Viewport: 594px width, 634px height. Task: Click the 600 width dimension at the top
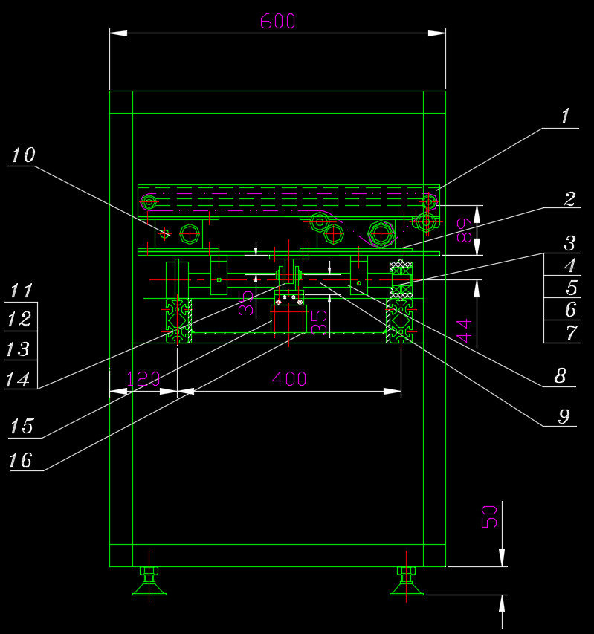[x=277, y=21]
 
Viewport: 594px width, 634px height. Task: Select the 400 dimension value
[x=289, y=379]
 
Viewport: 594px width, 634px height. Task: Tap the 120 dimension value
[x=143, y=379]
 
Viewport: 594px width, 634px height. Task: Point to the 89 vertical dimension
[x=462, y=230]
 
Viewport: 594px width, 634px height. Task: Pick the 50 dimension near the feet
[x=489, y=517]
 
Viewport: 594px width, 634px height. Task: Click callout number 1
[x=565, y=116]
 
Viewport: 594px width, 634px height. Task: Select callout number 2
[x=569, y=199]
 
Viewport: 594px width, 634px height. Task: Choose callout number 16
[x=21, y=461]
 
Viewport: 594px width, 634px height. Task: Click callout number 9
[x=564, y=416]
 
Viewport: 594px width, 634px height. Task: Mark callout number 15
[x=21, y=427]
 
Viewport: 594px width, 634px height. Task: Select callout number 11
[x=21, y=291]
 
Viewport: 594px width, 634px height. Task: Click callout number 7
[x=571, y=332]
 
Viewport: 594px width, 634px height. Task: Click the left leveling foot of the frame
[x=149, y=581]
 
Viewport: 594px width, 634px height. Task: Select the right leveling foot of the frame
[x=406, y=581]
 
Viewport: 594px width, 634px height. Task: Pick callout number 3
[x=569, y=243]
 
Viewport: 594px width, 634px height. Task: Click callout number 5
[x=571, y=288]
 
